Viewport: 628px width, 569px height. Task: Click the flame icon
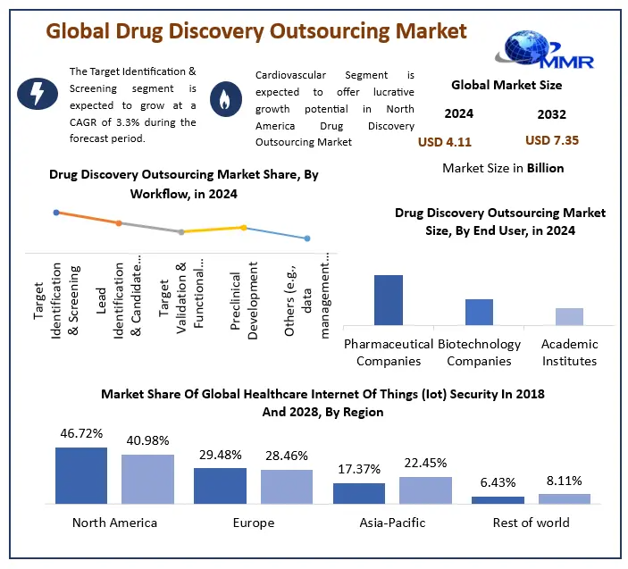coord(222,97)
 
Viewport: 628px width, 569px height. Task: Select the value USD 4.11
coord(444,141)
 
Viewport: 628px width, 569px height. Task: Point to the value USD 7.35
coord(552,141)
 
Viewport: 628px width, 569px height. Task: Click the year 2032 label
coord(551,114)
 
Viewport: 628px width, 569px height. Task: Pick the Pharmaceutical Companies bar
coord(388,299)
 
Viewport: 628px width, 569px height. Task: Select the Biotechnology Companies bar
coord(479,312)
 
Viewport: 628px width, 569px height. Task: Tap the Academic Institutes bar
coord(569,316)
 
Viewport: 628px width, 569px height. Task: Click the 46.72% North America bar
coord(80,476)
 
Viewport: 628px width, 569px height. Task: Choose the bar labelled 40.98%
coord(147,480)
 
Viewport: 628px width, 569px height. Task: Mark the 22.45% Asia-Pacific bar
coord(426,490)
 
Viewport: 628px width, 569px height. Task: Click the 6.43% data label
coord(498,483)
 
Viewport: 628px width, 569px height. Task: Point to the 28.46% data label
coord(287,456)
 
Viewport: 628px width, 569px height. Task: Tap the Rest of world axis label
coord(531,523)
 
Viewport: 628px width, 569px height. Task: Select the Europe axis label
coord(254,523)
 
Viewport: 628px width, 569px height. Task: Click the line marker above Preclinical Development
coord(243,227)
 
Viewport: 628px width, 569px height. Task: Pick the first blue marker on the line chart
coord(56,213)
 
